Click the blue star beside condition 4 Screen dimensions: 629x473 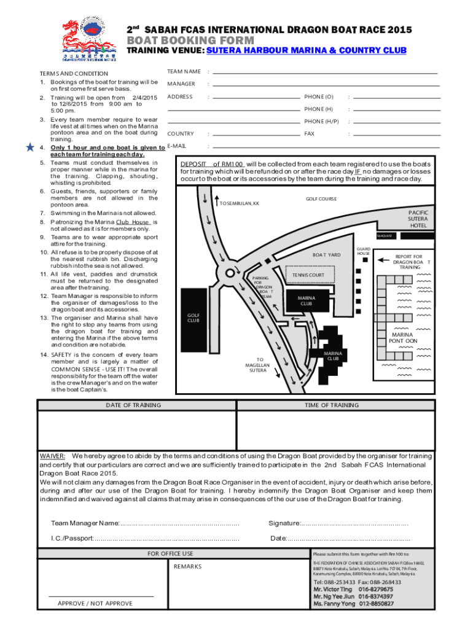click(30, 147)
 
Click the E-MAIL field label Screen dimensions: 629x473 click(176, 146)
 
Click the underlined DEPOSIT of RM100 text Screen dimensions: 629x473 click(212, 164)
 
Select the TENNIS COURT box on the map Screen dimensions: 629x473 click(308, 275)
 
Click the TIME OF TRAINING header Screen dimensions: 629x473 click(332, 405)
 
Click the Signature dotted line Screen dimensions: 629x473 click(354, 523)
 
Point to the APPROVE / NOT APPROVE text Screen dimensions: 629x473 click(95, 603)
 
